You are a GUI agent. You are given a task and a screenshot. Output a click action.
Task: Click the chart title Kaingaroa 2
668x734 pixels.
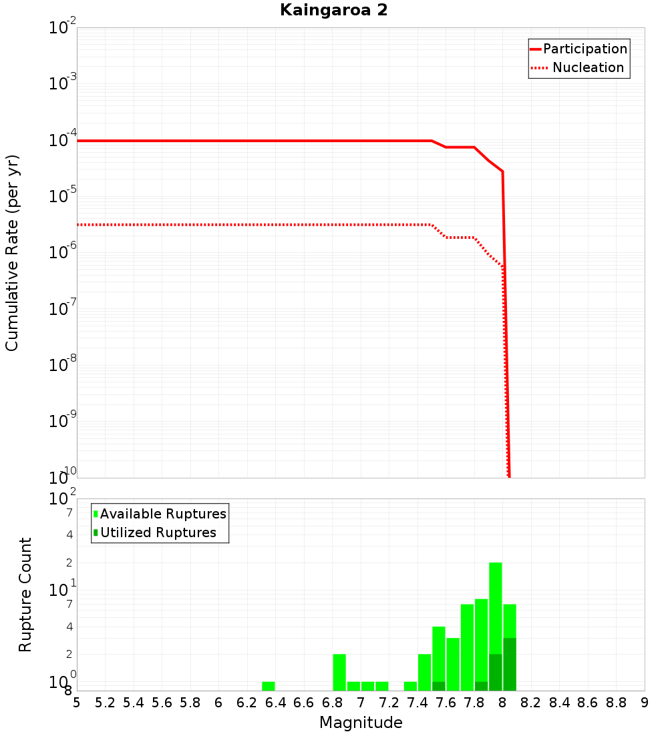tap(333, 11)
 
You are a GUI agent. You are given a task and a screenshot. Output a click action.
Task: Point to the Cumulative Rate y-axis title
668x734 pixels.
tap(12, 253)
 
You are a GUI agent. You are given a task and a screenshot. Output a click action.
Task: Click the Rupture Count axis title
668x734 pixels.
tap(25, 595)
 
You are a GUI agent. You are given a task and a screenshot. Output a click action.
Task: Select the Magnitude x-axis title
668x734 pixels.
tap(361, 723)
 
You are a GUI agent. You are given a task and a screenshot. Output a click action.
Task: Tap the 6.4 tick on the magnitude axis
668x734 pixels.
tap(275, 703)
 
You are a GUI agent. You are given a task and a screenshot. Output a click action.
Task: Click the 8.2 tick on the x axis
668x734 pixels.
tap(531, 703)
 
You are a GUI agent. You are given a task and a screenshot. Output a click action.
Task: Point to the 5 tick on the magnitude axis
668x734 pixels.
tap(77, 703)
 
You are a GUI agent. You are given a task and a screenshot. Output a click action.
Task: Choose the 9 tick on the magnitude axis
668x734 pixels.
tap(645, 703)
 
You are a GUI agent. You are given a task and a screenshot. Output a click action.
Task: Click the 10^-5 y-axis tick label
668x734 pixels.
tap(63, 196)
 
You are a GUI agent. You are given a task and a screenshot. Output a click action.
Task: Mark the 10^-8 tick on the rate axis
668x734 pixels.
tap(63, 365)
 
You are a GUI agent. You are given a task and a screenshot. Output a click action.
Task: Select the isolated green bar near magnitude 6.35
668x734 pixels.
tap(268, 686)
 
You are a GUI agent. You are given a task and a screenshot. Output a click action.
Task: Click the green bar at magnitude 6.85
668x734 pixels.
tap(339, 672)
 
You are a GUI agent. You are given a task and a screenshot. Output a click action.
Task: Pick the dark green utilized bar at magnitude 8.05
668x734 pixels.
tap(510, 664)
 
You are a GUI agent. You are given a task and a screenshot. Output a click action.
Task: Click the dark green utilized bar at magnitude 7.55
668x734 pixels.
tap(438, 686)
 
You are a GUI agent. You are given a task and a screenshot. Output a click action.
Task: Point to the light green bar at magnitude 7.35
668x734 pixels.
tap(410, 686)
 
